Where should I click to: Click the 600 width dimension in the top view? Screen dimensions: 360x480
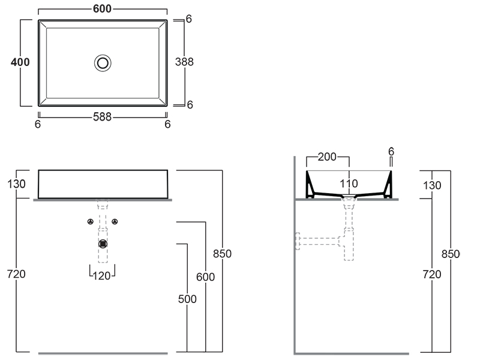(103, 10)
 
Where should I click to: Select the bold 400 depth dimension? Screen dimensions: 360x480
(20, 62)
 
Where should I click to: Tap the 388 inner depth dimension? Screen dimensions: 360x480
(184, 62)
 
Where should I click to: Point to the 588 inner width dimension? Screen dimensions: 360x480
(102, 117)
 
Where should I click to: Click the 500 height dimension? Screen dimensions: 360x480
(188, 298)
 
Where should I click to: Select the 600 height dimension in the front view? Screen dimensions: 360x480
(206, 277)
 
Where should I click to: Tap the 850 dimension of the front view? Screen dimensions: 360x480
(222, 254)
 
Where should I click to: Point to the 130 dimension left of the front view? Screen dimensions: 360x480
(16, 184)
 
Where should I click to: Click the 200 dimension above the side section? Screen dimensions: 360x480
(327, 158)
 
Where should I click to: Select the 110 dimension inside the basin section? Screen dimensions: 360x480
(349, 183)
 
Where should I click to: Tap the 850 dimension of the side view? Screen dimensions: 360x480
(450, 254)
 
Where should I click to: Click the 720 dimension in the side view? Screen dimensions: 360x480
(431, 274)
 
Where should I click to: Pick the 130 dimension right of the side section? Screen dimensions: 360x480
(431, 185)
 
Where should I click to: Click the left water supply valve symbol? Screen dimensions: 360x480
(91, 221)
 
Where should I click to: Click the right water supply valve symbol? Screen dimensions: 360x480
(115, 221)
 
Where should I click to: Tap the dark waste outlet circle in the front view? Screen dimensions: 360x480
(103, 244)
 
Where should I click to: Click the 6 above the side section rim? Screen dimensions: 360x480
(391, 152)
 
